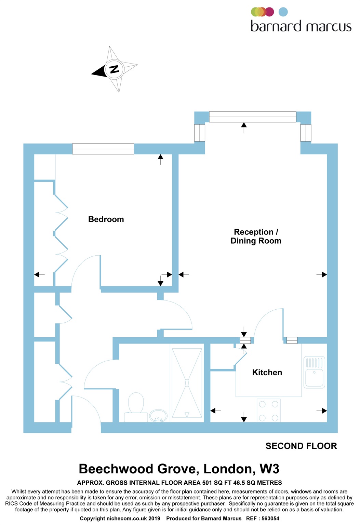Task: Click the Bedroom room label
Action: (106, 219)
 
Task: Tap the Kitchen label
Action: (267, 373)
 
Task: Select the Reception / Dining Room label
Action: (256, 236)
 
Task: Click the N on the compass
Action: (114, 69)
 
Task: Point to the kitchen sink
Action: (314, 372)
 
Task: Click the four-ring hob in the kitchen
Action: (269, 410)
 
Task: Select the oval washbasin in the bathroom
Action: (158, 416)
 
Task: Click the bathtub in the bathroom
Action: (187, 383)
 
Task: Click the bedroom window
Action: (103, 149)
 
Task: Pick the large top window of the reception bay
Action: (253, 117)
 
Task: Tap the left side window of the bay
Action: (200, 133)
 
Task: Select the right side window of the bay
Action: (306, 133)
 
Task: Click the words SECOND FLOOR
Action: (301, 446)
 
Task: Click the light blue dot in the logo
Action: (283, 12)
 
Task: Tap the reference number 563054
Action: (270, 519)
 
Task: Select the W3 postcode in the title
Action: (269, 469)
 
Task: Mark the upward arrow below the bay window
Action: (244, 127)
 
